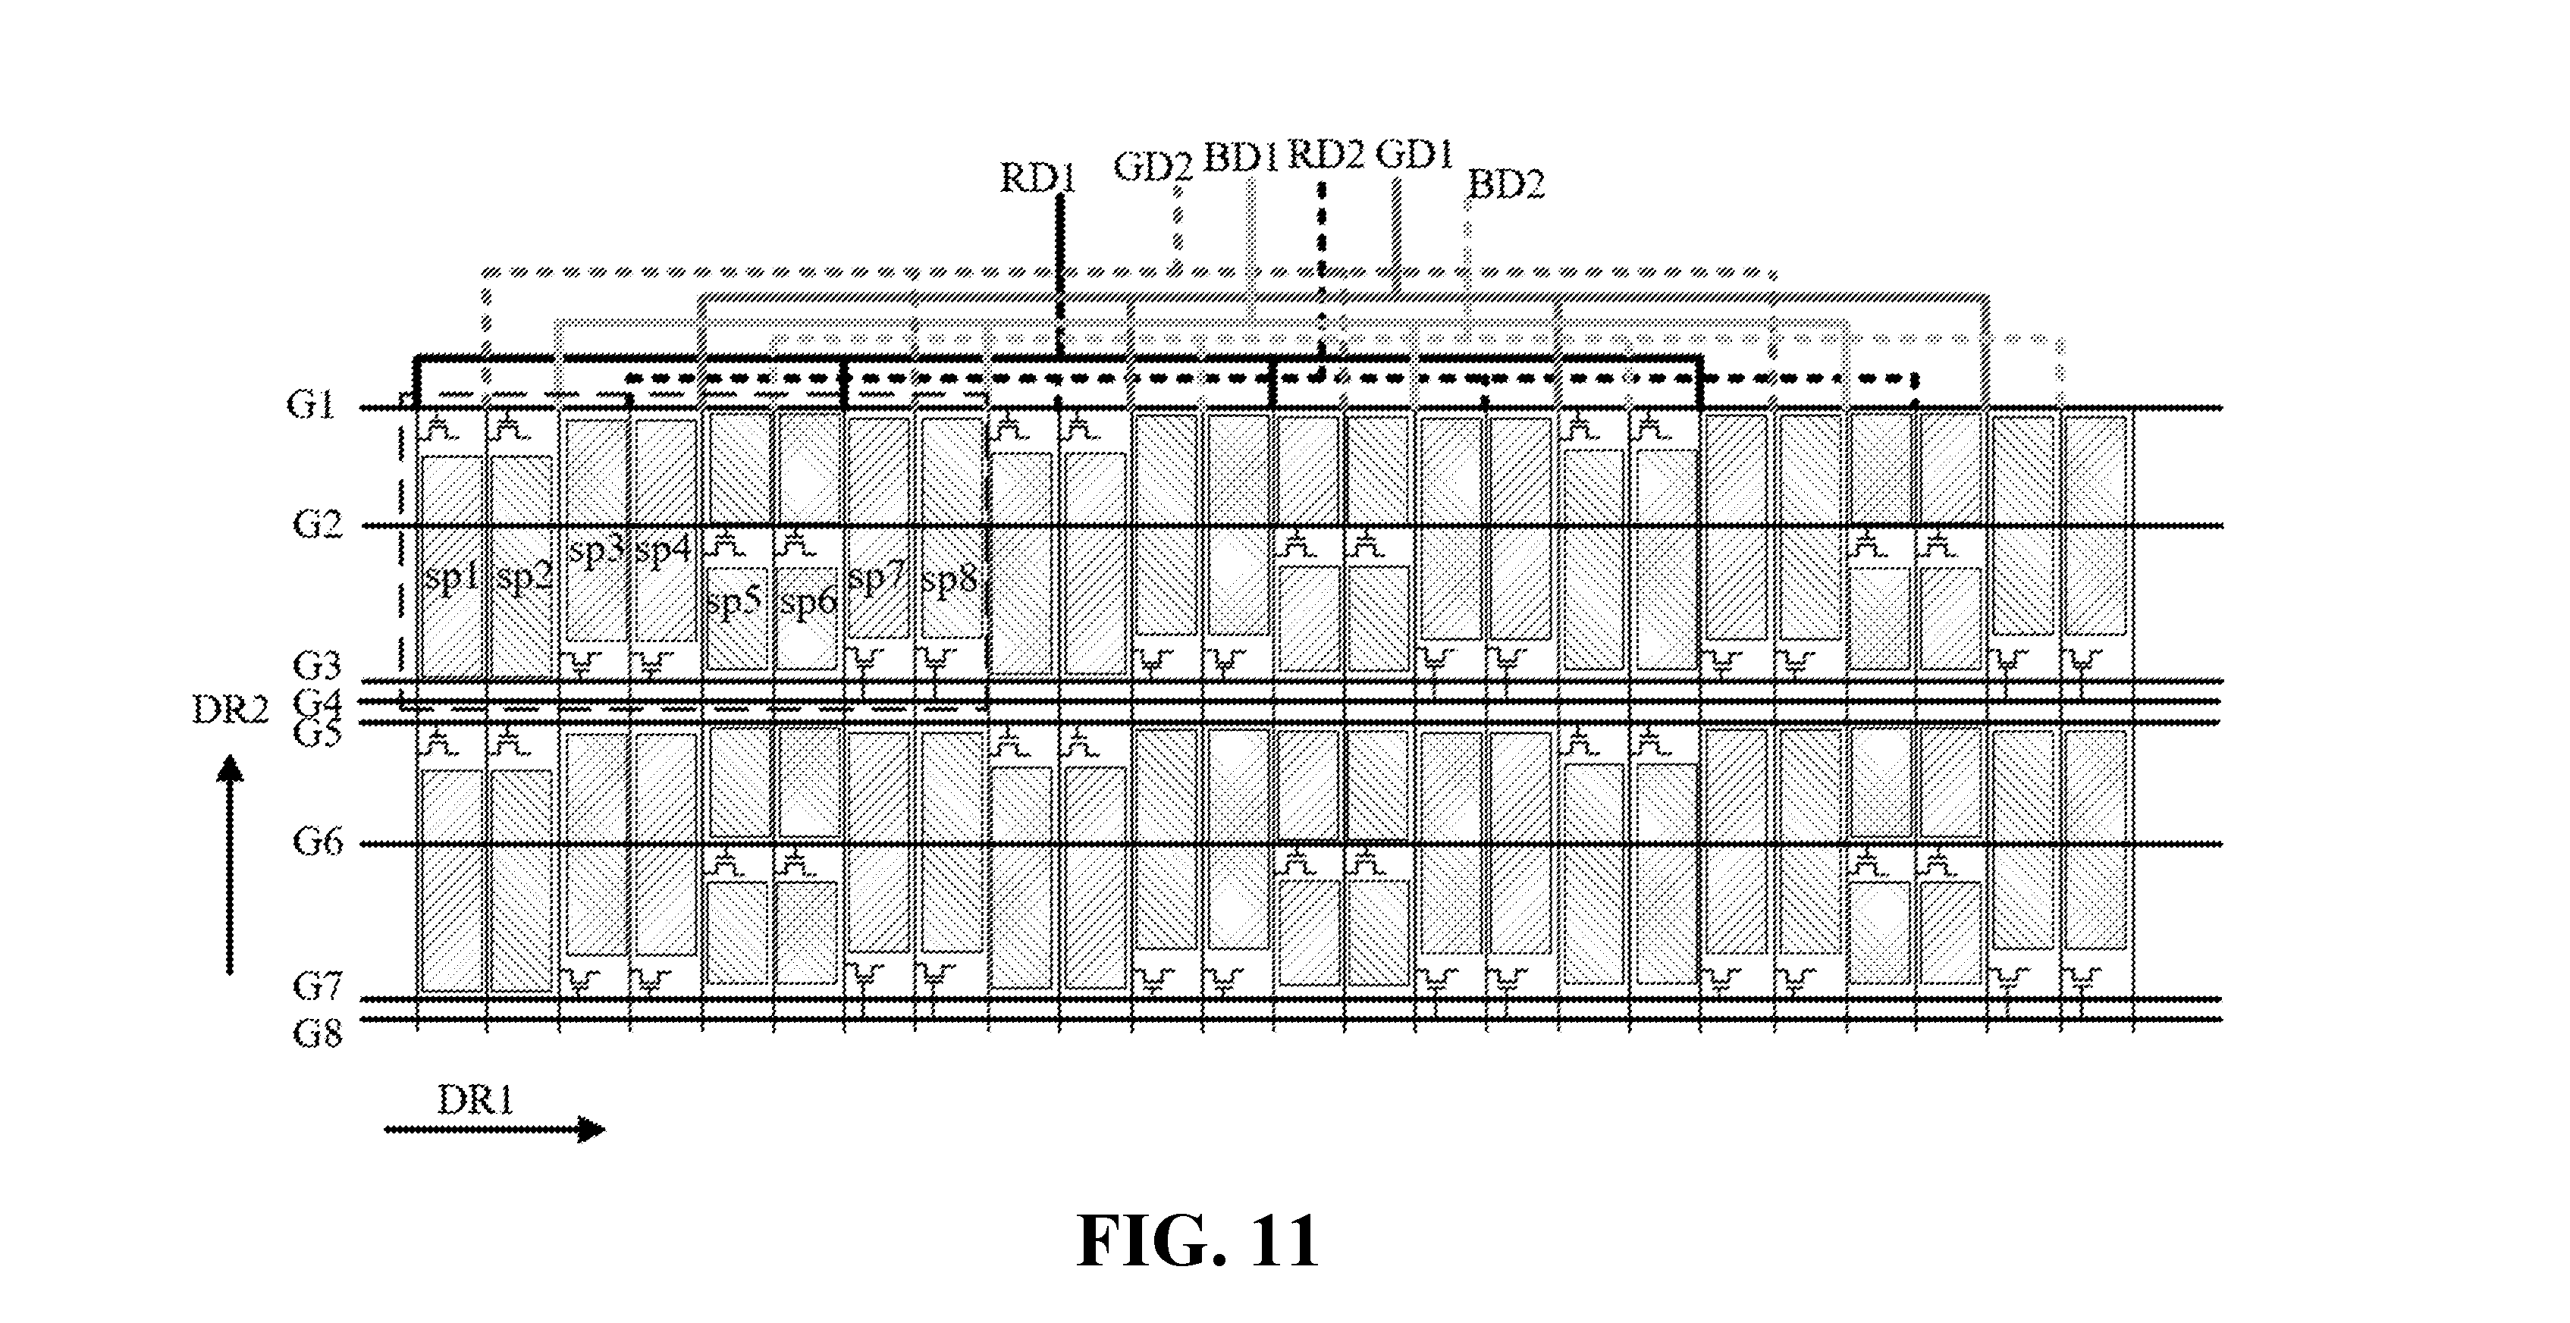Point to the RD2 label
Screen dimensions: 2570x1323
[1326, 155]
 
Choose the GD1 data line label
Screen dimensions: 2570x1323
[1414, 155]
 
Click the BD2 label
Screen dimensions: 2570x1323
[1507, 183]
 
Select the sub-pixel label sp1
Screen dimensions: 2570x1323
[452, 578]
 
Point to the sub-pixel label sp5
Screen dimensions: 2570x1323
[734, 602]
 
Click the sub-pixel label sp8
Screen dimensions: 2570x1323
[949, 580]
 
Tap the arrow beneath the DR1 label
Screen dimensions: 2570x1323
[495, 1130]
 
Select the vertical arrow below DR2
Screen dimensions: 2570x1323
[231, 864]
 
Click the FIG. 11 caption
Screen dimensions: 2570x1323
[1197, 1241]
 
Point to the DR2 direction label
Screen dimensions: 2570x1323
[231, 710]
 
